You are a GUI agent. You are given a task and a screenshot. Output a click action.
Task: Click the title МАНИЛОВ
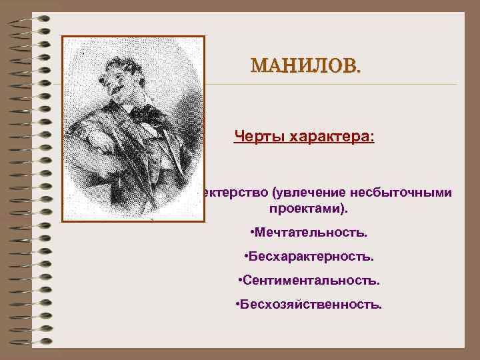[304, 66]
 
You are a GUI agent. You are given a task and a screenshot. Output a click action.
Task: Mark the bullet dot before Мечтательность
[251, 233]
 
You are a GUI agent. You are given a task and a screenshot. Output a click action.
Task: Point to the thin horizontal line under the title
[333, 85]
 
